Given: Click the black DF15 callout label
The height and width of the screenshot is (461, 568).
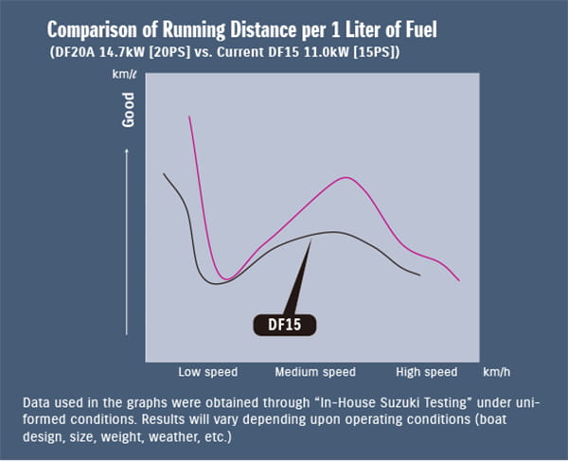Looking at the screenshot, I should pyautogui.click(x=285, y=324).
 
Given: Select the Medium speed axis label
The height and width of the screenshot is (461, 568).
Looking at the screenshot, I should pyautogui.click(x=315, y=371).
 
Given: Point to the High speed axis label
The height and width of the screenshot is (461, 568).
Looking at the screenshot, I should pyautogui.click(x=427, y=371).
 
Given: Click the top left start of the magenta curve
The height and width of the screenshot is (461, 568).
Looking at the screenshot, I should pyautogui.click(x=190, y=117).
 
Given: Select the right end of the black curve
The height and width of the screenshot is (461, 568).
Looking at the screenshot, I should pyautogui.click(x=419, y=275).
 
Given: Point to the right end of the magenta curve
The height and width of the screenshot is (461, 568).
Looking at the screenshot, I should pyautogui.click(x=459, y=280).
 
